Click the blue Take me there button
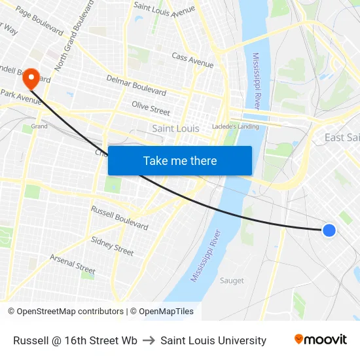pyautogui.click(x=180, y=160)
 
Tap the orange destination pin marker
pyautogui.click(x=31, y=79)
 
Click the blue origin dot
pyautogui.click(x=329, y=230)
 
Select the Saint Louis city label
pyautogui.click(x=175, y=128)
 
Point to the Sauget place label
pyautogui.click(x=232, y=281)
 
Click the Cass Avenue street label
pyautogui.click(x=192, y=61)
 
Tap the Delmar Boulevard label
pyautogui.click(x=136, y=85)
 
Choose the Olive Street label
pyautogui.click(x=151, y=108)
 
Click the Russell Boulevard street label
pyautogui.click(x=119, y=217)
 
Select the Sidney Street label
pyautogui.click(x=112, y=246)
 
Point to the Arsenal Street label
pyautogui.click(x=73, y=264)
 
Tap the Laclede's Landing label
pyautogui.click(x=235, y=126)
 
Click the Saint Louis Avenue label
pyautogui.click(x=164, y=8)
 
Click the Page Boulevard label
pyautogui.click(x=39, y=21)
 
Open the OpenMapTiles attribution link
pyautogui.click(x=163, y=312)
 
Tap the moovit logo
pyautogui.click(x=321, y=340)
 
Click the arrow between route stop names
pyautogui.click(x=149, y=340)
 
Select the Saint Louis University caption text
pyautogui.click(x=213, y=340)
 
